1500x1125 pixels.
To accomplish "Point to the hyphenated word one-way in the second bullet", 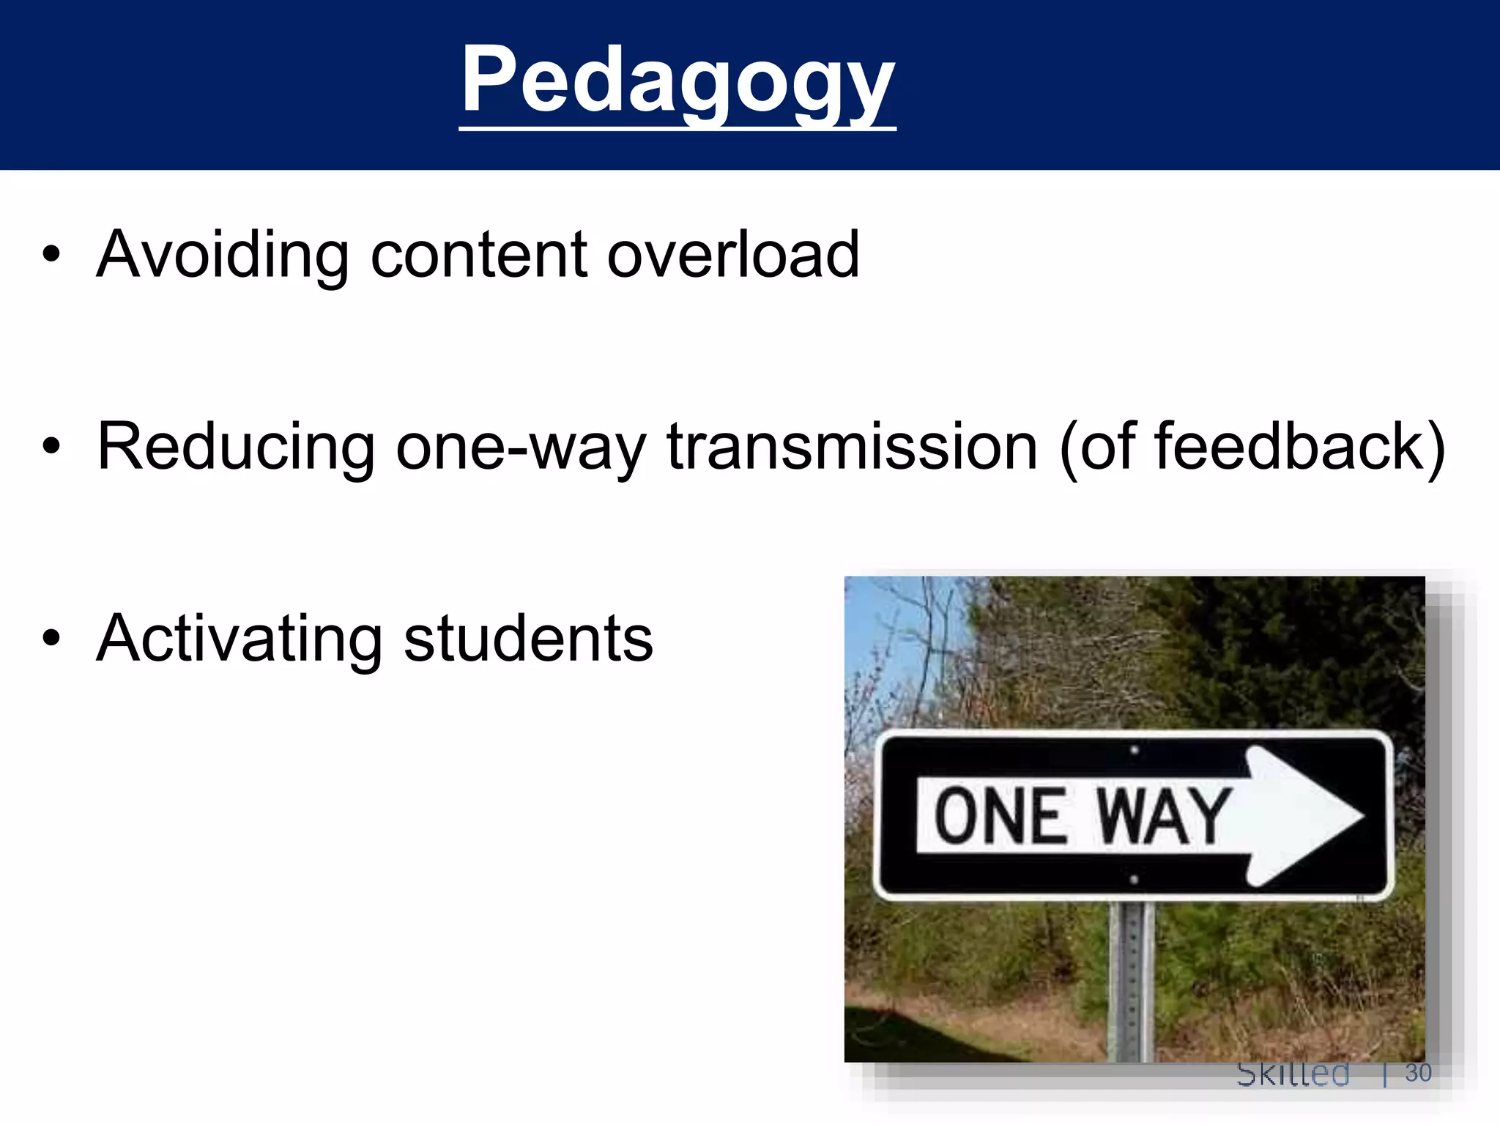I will (521, 448).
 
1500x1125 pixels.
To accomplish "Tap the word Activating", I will (239, 639).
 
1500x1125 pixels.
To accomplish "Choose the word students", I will (528, 639).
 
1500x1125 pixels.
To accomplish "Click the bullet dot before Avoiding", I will (51, 254).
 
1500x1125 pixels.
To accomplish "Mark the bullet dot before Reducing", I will (51, 446).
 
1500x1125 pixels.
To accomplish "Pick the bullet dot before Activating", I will (51, 638).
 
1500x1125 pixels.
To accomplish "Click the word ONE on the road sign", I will (1000, 815).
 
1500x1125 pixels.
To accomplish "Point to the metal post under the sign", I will (1132, 981).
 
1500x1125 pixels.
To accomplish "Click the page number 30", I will (1418, 1073).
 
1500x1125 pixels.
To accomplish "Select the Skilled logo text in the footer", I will (1293, 1074).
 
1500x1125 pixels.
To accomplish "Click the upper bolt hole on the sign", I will (1134, 750).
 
